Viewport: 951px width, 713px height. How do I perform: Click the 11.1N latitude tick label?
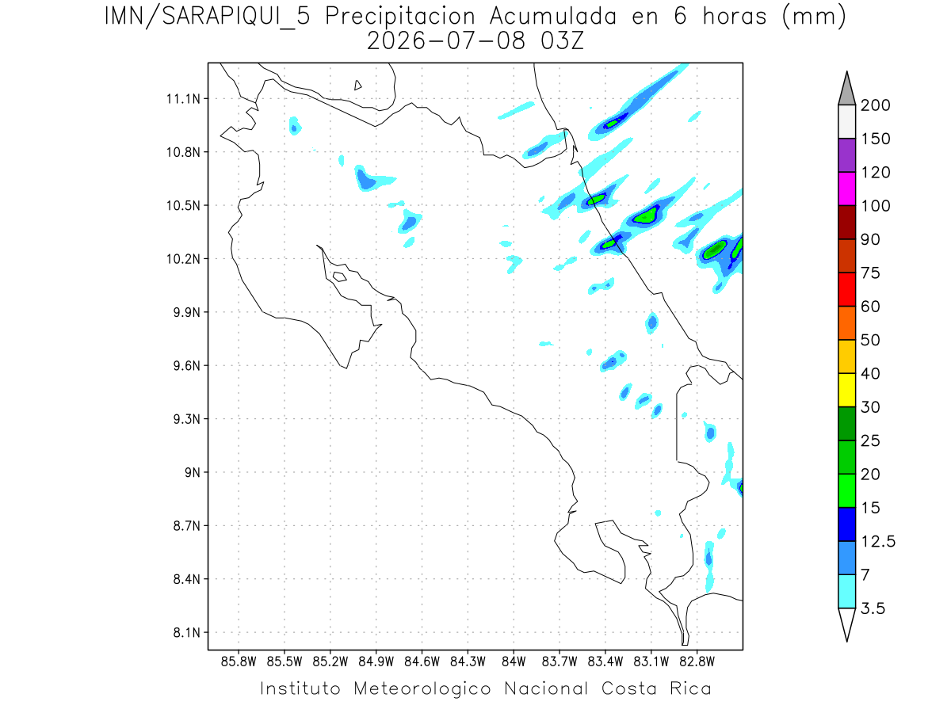click(x=183, y=99)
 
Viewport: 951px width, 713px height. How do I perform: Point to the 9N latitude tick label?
click(x=193, y=472)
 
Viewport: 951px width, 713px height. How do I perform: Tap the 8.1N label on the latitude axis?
click(x=187, y=632)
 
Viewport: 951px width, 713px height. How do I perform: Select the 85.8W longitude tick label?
click(x=239, y=662)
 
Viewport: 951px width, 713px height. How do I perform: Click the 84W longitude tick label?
click(x=514, y=662)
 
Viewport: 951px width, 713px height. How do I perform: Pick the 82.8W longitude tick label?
click(x=697, y=662)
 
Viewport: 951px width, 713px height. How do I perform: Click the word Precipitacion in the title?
click(x=400, y=17)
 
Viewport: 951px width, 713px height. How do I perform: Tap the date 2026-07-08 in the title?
click(x=446, y=41)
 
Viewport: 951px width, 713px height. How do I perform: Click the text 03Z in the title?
click(x=562, y=41)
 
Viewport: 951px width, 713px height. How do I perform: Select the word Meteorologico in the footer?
click(x=422, y=688)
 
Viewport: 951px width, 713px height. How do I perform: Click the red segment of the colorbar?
click(x=846, y=289)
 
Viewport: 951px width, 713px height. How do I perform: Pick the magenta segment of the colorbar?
click(x=846, y=189)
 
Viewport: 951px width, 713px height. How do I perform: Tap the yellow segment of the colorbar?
click(x=846, y=390)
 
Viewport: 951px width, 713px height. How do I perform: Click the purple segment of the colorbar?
click(x=846, y=155)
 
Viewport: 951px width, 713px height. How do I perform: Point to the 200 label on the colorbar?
click(x=875, y=105)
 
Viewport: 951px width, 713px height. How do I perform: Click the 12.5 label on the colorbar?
click(x=878, y=542)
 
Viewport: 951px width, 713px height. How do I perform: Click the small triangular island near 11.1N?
click(x=357, y=86)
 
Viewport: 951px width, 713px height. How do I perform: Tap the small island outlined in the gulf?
click(x=340, y=276)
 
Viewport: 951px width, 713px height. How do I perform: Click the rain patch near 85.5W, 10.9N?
click(x=295, y=127)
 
